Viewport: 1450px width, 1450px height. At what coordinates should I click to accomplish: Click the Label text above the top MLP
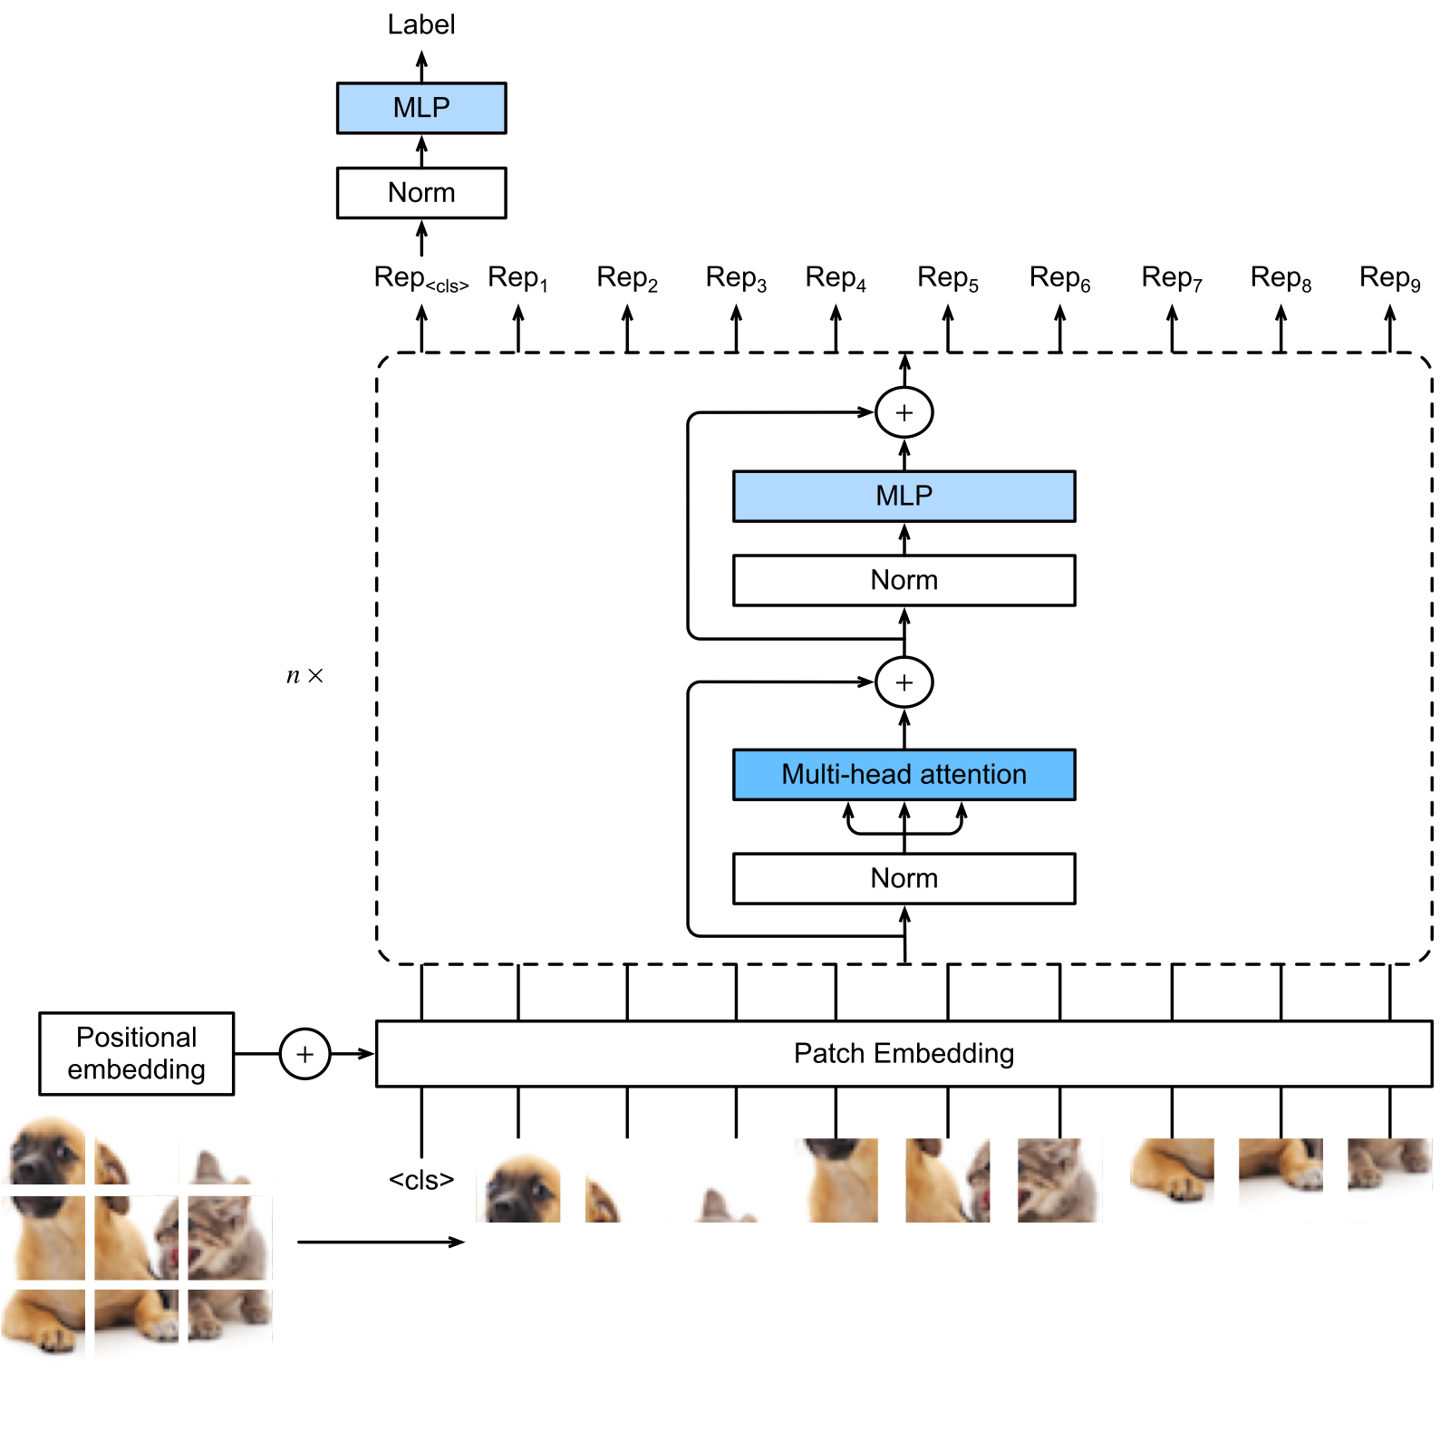point(421,24)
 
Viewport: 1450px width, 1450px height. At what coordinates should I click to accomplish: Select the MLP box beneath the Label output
point(421,108)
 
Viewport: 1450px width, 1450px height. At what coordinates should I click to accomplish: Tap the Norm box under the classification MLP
point(421,193)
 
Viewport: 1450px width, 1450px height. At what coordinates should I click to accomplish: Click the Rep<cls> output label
point(421,278)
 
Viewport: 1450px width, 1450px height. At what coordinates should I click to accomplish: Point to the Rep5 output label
point(948,278)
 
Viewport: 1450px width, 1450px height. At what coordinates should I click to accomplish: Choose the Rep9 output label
point(1390,278)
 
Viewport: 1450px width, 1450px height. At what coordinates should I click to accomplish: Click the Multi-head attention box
point(904,775)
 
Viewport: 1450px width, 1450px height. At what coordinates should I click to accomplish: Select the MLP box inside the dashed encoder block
point(904,496)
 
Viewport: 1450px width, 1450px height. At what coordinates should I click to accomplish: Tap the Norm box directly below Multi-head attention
point(904,878)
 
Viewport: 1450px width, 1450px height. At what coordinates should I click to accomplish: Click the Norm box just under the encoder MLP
point(904,580)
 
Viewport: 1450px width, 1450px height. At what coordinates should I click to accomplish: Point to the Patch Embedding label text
point(904,1053)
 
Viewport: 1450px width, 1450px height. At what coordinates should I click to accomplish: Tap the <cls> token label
point(421,1180)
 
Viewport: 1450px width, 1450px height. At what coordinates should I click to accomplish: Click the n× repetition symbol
point(304,676)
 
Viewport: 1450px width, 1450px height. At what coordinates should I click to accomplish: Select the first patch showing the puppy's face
point(518,1180)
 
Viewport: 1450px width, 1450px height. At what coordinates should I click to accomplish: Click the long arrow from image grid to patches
point(381,1242)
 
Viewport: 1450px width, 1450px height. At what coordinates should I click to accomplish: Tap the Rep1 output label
point(518,278)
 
